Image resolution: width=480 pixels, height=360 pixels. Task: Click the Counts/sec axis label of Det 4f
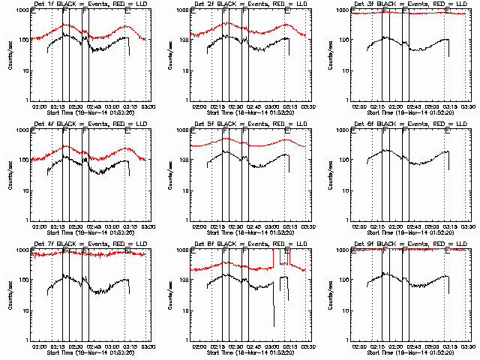(10, 173)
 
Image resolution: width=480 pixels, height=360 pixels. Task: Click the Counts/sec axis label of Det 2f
(170, 54)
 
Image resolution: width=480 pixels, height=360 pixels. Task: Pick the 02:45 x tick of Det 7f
(94, 346)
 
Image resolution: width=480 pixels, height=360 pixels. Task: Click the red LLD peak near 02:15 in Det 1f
(66, 25)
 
